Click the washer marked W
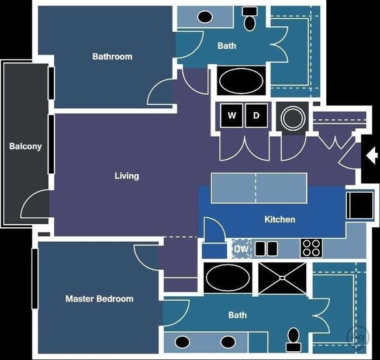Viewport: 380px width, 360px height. point(232,115)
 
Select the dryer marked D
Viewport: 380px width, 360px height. point(257,115)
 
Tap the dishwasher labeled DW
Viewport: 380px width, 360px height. point(241,249)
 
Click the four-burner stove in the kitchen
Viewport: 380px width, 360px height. point(312,248)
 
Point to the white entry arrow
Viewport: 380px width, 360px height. point(371,155)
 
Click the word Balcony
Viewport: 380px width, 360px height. point(26,146)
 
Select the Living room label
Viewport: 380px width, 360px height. point(127,176)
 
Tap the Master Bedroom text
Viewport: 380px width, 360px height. point(99,299)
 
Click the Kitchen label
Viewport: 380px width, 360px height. point(280,220)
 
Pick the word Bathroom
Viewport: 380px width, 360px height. point(112,57)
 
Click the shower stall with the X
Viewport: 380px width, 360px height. point(282,278)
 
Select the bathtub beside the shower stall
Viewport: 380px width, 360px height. point(228,278)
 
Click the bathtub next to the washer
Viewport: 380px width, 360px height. point(241,81)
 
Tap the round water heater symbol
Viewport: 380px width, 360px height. point(292,118)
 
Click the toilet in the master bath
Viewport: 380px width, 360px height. point(293,340)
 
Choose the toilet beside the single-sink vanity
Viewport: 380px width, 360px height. point(250,19)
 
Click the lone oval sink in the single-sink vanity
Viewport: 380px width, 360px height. point(205,17)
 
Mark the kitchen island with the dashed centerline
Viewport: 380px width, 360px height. point(259,188)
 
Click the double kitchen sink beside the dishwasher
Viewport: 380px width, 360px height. point(266,249)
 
